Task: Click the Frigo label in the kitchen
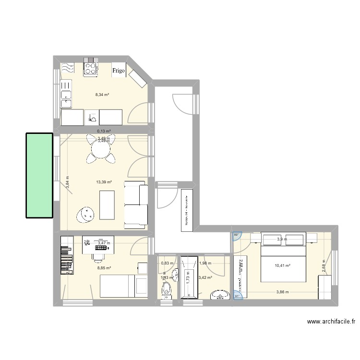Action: click(119, 71)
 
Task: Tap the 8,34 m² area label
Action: click(102, 95)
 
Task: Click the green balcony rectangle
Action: click(39, 175)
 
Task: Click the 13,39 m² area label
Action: click(104, 182)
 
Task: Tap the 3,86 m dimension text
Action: click(283, 292)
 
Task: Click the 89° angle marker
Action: click(236, 235)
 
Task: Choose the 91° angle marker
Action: click(236, 296)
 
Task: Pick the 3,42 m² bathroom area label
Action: click(205, 277)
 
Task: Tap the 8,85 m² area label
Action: click(104, 268)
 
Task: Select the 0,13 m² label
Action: click(104, 131)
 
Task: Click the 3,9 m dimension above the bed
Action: click(282, 240)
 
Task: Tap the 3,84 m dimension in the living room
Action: click(68, 183)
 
